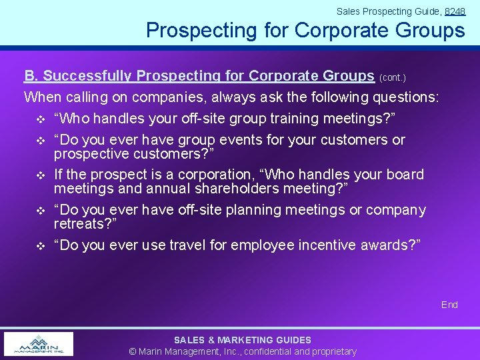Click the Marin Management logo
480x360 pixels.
click(39, 344)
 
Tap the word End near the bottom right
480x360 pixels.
click(449, 305)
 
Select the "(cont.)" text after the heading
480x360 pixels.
click(393, 77)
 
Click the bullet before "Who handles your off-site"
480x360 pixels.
click(39, 119)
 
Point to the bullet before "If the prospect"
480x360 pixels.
click(39, 175)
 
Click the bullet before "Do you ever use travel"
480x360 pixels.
click(39, 246)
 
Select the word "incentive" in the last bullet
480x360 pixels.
click(317, 245)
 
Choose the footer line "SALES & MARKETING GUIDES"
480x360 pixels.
click(242, 340)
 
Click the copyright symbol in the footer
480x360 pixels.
click(133, 351)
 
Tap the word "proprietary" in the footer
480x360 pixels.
click(331, 351)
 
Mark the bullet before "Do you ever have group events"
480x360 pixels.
click(39, 141)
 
